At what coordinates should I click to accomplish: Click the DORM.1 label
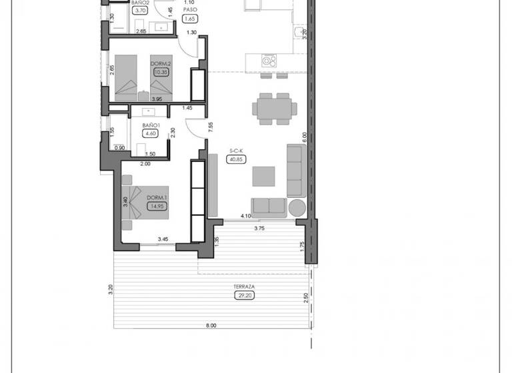[x=157, y=197]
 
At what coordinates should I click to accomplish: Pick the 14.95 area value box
[x=157, y=206]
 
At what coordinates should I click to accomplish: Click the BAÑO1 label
[x=152, y=125]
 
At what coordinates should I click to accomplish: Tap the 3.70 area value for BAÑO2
[x=141, y=11]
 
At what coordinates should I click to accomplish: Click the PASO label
[x=190, y=10]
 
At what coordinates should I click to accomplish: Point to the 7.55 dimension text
[x=210, y=127]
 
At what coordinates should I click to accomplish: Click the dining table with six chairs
[x=273, y=107]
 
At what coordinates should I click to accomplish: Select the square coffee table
[x=264, y=176]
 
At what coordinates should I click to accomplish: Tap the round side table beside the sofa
[x=297, y=207]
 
